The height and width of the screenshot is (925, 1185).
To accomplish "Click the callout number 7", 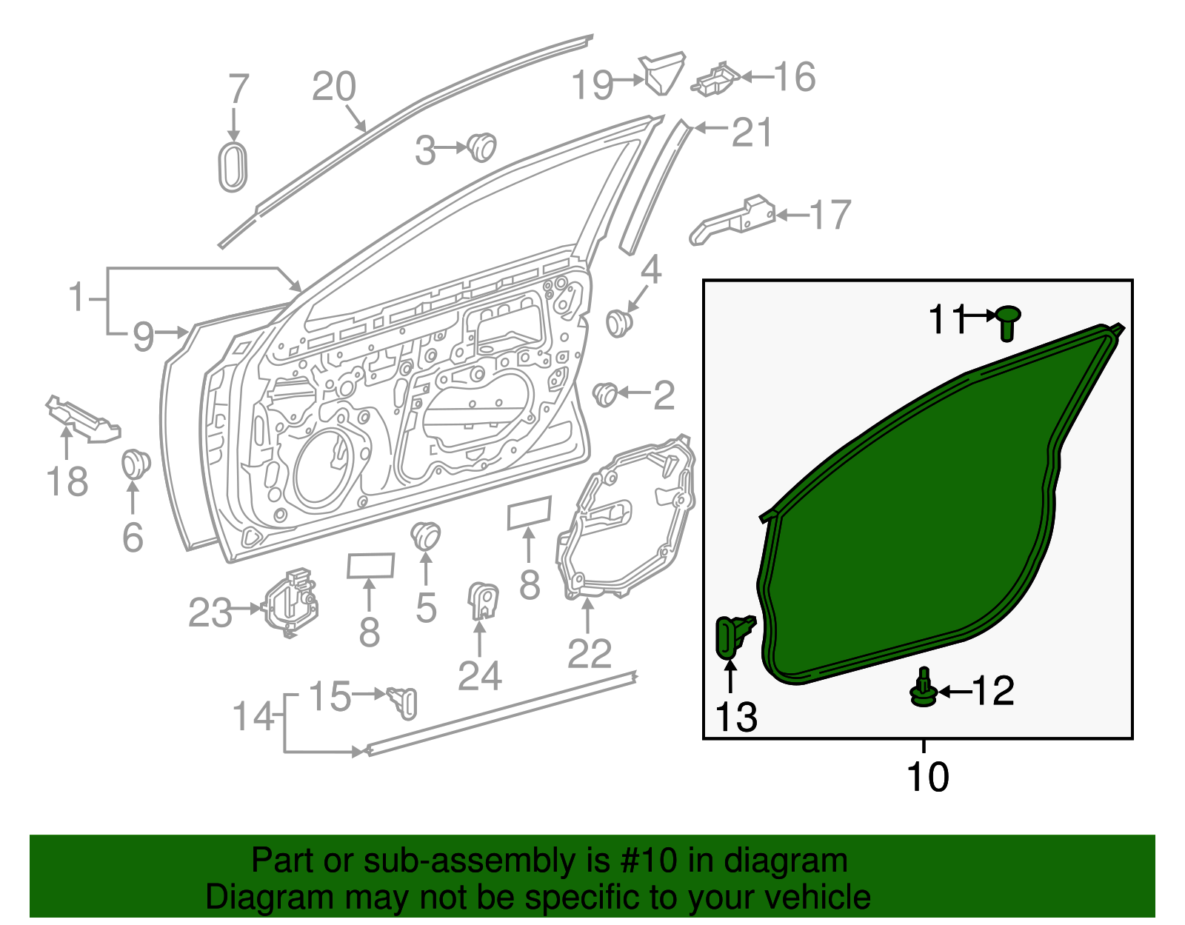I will pos(238,89).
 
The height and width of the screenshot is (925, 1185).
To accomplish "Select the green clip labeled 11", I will pos(1007,322).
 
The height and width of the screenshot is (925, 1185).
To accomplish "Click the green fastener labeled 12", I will pos(923,689).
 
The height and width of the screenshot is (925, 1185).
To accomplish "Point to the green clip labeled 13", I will pos(732,635).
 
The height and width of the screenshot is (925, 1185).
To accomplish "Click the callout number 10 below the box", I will pos(927,777).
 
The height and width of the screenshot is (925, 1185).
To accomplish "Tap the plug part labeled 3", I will pos(481,147).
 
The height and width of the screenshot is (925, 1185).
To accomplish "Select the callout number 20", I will pos(333,87).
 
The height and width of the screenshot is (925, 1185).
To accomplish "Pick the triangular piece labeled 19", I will pos(663,73).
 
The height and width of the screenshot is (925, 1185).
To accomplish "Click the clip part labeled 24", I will pos(483,600).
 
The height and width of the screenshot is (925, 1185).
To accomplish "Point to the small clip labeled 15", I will pos(402,701).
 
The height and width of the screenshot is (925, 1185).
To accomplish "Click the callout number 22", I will pos(589,653).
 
